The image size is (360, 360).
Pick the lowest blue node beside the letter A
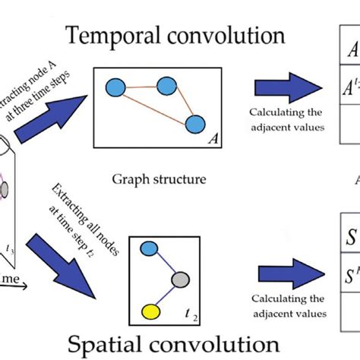coord(195,125)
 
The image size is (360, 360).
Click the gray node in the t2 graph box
coord(178,280)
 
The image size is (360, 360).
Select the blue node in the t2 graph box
coord(150,249)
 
